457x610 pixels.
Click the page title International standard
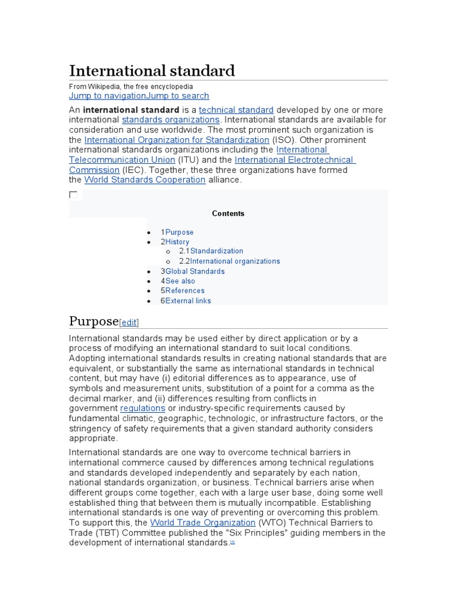[x=152, y=71]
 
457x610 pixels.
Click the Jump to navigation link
[x=107, y=96]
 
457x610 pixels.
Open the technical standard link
[x=236, y=110]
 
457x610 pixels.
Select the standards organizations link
[x=171, y=120]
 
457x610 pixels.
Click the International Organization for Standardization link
[x=177, y=140]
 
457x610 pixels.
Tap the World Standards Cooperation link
[x=145, y=180]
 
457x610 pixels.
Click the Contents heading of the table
[x=228, y=213]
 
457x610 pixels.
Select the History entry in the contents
[x=177, y=242]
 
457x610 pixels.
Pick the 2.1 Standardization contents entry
[x=216, y=251]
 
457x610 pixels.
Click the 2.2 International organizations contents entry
[x=234, y=261]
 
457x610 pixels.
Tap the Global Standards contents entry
[x=195, y=271]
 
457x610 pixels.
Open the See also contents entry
[x=180, y=281]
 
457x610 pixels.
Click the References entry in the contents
[x=184, y=291]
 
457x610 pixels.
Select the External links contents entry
[x=187, y=301]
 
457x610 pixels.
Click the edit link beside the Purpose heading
[x=129, y=323]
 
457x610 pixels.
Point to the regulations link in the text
[x=143, y=408]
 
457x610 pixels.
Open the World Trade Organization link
[x=202, y=522]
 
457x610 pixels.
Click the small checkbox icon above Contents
[x=73, y=195]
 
